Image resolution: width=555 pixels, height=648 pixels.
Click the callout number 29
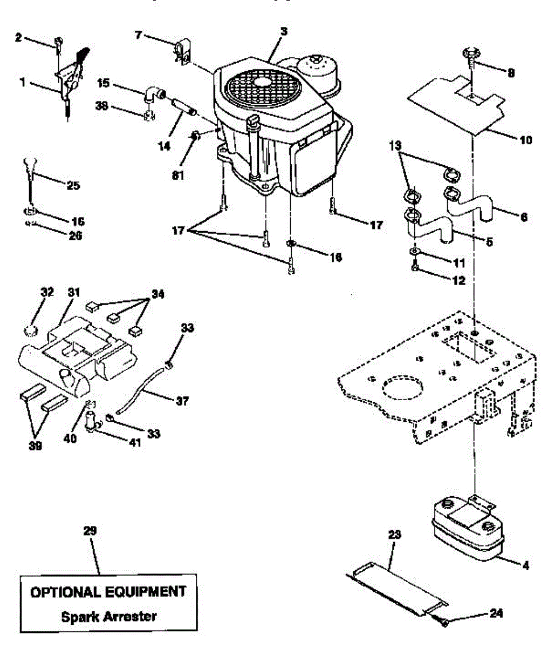(x=90, y=531)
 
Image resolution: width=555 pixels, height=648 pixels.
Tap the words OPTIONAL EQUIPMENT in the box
(x=108, y=592)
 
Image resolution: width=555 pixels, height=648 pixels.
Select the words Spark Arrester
(x=108, y=616)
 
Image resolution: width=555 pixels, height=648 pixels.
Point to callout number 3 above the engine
(x=283, y=32)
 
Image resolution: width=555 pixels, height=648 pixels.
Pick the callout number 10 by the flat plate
(x=525, y=140)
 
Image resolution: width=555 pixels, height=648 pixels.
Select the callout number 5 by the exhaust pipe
(x=489, y=242)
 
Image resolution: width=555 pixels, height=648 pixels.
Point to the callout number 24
(x=496, y=613)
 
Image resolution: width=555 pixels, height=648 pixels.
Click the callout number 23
(x=395, y=535)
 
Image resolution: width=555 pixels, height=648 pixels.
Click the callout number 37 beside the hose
(x=182, y=401)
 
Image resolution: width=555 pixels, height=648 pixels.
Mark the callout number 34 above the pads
(x=157, y=295)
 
